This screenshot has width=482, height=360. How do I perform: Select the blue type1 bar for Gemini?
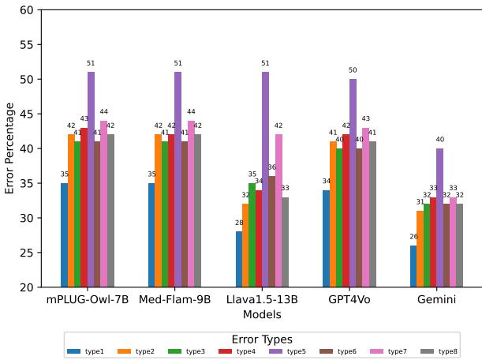tap(413, 266)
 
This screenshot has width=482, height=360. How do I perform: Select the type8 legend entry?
tap(442, 351)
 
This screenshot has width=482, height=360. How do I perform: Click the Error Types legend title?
tap(261, 339)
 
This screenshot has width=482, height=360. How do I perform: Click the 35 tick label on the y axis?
tap(25, 183)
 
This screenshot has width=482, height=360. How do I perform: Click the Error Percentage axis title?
tap(9, 148)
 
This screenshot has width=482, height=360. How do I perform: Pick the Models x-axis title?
tap(261, 314)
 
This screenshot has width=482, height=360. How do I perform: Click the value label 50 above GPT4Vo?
tap(353, 70)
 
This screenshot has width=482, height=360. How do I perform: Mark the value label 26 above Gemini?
tap(413, 237)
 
